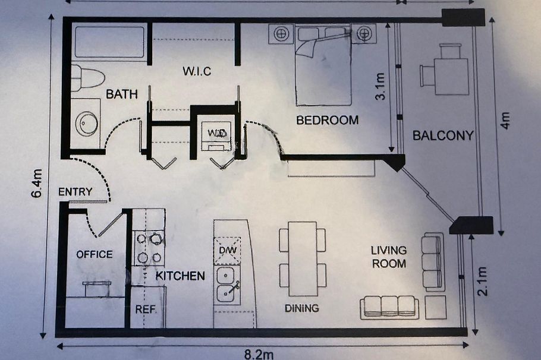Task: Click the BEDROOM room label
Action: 328,120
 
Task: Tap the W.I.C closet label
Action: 197,71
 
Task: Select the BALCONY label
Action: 443,135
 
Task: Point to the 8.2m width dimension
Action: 259,354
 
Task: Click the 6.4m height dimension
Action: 37,183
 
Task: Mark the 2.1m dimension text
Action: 482,282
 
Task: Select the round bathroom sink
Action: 87,123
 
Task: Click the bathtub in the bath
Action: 109,42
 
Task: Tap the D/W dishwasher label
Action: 227,250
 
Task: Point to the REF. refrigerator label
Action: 145,310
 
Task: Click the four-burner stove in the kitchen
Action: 149,248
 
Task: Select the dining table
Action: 303,258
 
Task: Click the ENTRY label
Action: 76,192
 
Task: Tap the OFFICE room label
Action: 94,254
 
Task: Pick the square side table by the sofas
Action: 435,307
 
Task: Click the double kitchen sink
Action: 227,285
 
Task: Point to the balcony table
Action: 451,77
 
